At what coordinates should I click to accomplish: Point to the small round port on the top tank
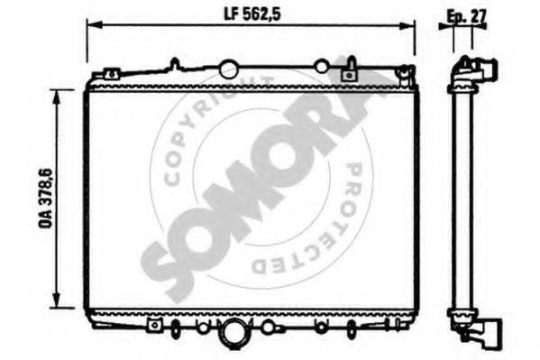click(x=321, y=66)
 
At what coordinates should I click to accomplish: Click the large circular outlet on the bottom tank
click(x=235, y=332)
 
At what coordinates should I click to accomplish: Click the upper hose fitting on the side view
click(x=485, y=70)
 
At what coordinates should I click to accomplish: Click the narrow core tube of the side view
click(x=460, y=198)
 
